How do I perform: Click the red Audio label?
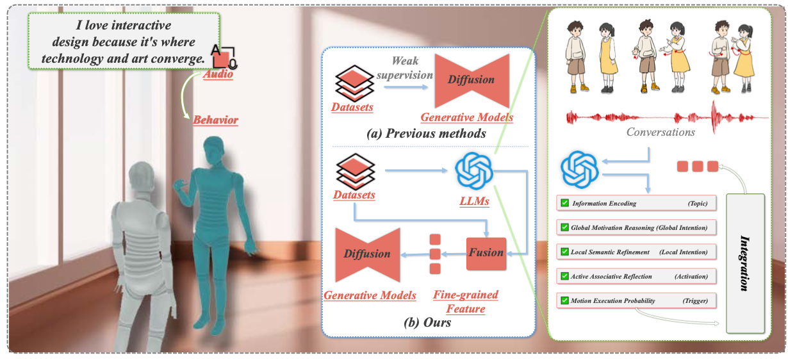tap(218, 75)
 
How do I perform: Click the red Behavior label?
tap(216, 120)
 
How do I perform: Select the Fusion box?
tap(486, 253)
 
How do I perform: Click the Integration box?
tap(745, 263)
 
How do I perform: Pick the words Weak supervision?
tap(404, 68)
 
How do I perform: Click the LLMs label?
tap(475, 202)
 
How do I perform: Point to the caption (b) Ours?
tap(427, 322)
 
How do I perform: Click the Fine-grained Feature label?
tap(466, 302)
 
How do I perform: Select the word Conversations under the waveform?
tap(661, 133)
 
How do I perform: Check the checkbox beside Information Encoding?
tap(564, 203)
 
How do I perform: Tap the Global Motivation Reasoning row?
tap(636, 227)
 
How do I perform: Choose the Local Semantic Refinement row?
tap(636, 252)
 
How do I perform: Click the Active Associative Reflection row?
tap(636, 276)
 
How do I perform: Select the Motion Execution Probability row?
tap(636, 300)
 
